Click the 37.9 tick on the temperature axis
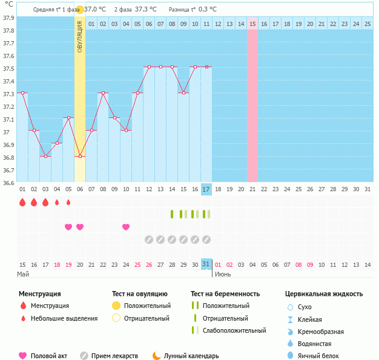pyautogui.click(x=8, y=18)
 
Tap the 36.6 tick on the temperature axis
pyautogui.click(x=8, y=183)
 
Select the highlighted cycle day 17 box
pyautogui.click(x=206, y=189)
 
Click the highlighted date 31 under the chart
pyautogui.click(x=206, y=264)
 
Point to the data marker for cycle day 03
pyautogui.click(x=45, y=156)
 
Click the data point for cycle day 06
pyautogui.click(x=80, y=156)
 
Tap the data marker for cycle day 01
pyautogui.click(x=22, y=93)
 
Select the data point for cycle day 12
pyautogui.click(x=149, y=67)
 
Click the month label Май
pyautogui.click(x=23, y=274)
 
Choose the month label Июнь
pyautogui.click(x=223, y=274)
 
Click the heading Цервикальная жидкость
pyautogui.click(x=324, y=294)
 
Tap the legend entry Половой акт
pyautogui.click(x=45, y=356)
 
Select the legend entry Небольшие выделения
pyautogui.click(x=64, y=318)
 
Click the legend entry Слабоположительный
pyautogui.click(x=234, y=330)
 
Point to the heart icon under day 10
pyautogui.click(x=126, y=227)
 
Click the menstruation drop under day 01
pyautogui.click(x=22, y=202)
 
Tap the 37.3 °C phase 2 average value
pyautogui.click(x=145, y=10)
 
